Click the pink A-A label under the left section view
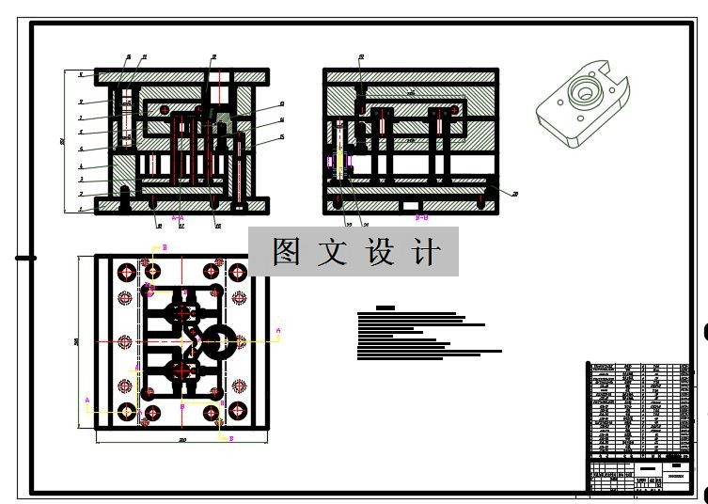(x=177, y=217)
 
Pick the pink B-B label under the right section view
(x=421, y=217)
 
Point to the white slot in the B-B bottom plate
(x=410, y=205)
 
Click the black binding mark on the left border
(x=25, y=258)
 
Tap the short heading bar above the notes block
(x=385, y=307)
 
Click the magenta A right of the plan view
(x=277, y=330)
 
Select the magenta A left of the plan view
(x=87, y=401)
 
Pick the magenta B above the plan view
(x=165, y=246)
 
